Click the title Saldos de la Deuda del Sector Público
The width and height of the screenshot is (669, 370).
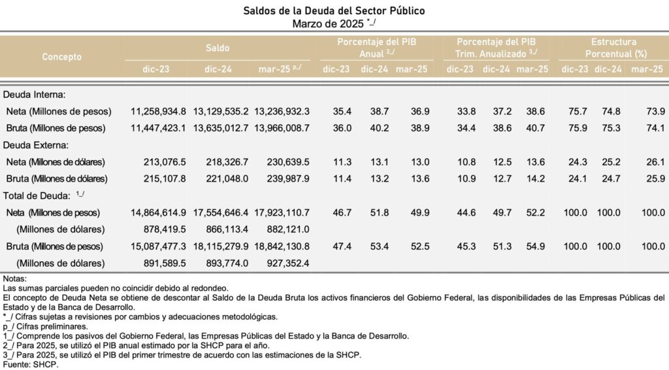tap(334, 11)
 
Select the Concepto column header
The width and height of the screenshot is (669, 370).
tap(61, 56)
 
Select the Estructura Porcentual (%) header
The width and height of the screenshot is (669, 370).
tap(616, 48)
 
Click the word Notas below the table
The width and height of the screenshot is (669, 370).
tap(15, 278)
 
